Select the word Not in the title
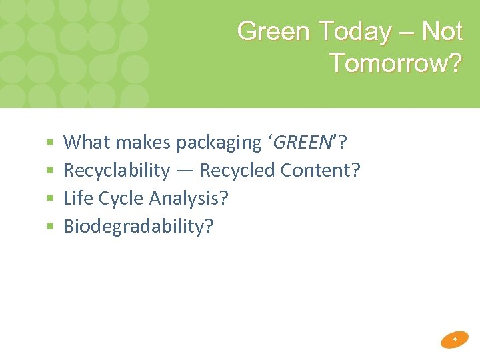coord(442,31)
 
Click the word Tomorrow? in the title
coord(395,63)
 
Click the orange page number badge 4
coord(455,339)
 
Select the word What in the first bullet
coord(84,142)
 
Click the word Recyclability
coord(117,171)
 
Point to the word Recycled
coord(238,171)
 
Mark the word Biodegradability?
coord(139,227)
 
